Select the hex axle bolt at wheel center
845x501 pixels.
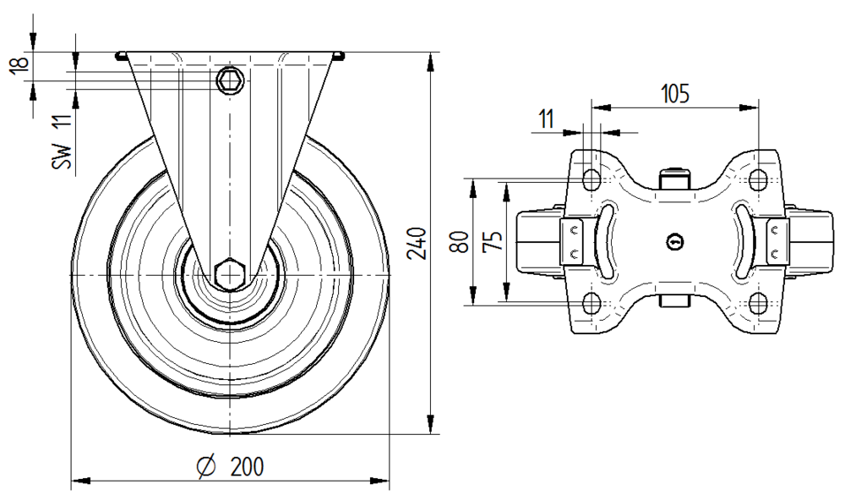230,275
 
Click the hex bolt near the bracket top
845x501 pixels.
230,81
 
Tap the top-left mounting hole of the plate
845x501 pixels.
591,179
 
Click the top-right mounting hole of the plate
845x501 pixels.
759,179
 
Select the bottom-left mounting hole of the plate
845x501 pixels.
591,303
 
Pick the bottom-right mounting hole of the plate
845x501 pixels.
759,303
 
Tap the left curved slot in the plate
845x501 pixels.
610,241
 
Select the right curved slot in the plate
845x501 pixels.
740,241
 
